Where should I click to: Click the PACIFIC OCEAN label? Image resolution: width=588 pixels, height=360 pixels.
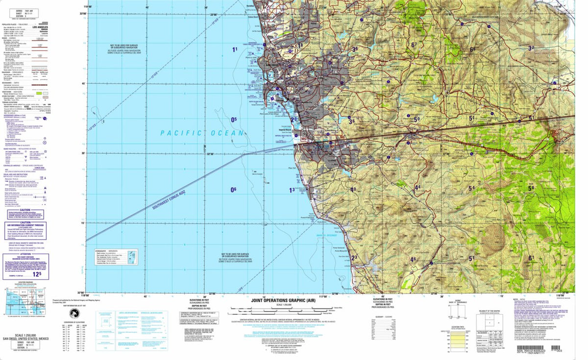click(x=202, y=133)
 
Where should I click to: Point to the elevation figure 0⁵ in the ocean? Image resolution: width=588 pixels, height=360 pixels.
click(x=234, y=119)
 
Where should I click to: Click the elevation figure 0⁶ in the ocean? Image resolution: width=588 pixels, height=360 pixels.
click(x=234, y=190)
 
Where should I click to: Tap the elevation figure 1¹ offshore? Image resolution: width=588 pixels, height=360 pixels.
click(x=235, y=49)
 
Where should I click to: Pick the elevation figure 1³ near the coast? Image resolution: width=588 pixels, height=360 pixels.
click(x=292, y=190)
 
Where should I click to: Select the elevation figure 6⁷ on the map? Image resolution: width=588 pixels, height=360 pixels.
click(x=414, y=45)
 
